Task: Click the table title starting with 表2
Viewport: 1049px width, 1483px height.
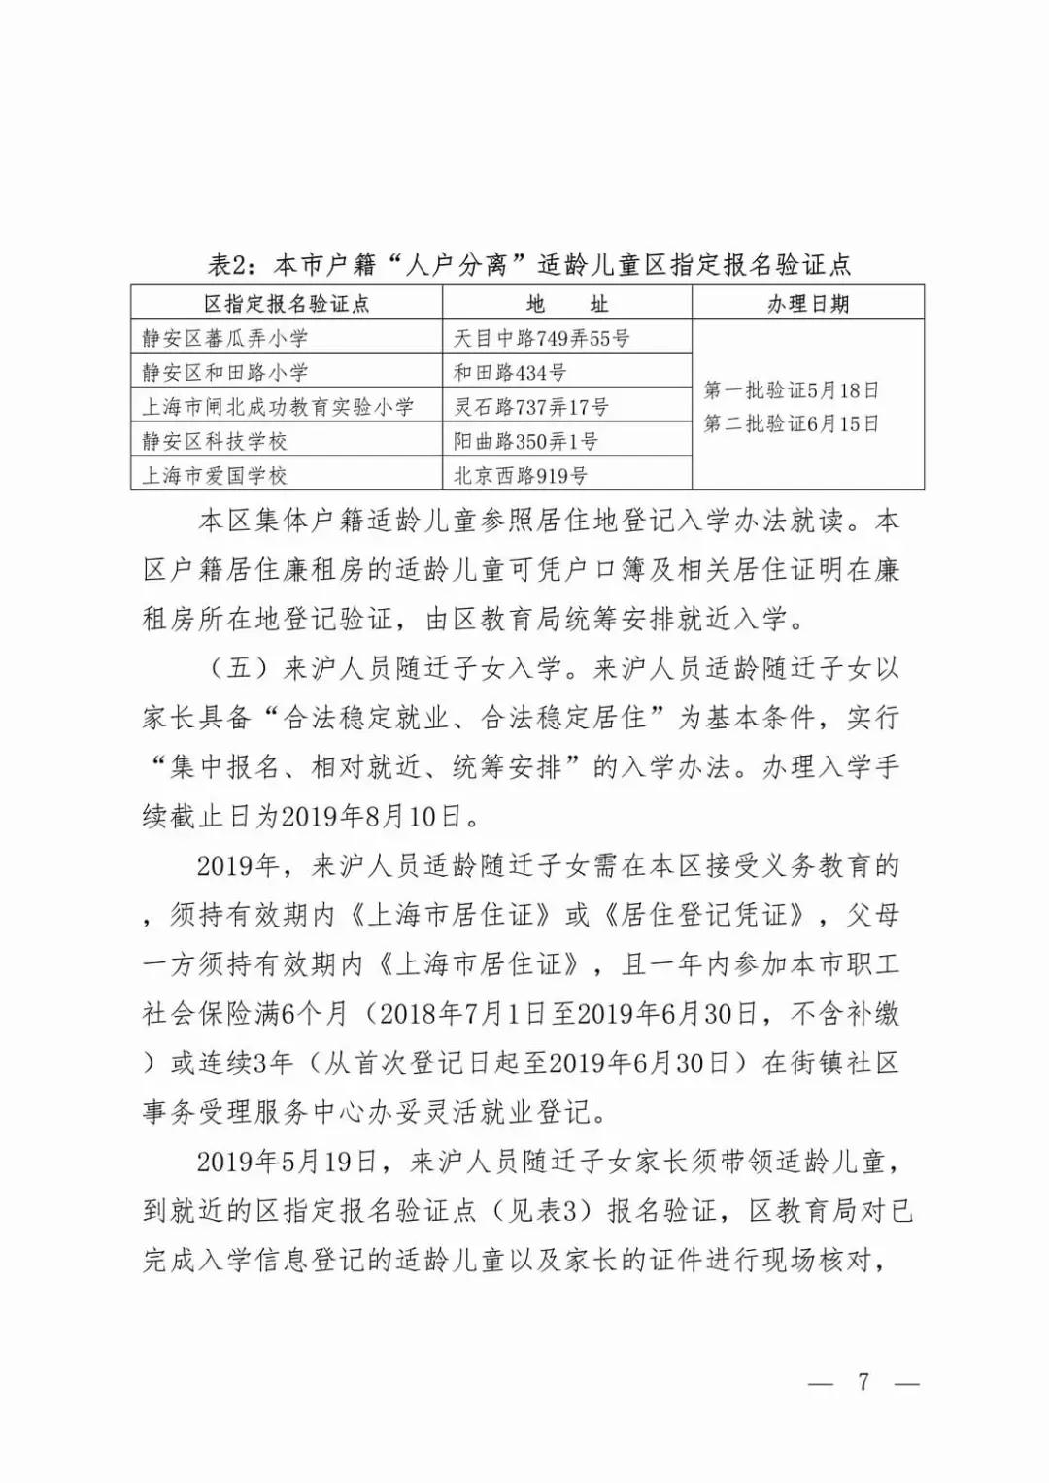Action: coord(529,264)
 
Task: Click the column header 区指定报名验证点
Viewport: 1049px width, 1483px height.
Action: coord(287,304)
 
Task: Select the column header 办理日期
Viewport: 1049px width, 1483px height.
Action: coord(808,304)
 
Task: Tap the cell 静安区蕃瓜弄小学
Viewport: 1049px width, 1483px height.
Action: coord(224,338)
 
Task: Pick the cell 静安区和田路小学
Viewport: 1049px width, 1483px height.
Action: coord(224,372)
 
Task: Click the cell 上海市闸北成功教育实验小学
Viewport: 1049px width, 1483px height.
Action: coord(278,407)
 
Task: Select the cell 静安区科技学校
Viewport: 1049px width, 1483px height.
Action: coord(215,441)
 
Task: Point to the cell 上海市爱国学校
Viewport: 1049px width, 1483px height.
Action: coord(215,476)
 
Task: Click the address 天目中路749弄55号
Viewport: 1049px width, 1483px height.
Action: coord(542,338)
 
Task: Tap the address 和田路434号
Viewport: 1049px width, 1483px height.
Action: coord(510,372)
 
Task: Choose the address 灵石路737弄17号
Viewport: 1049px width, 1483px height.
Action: coord(531,407)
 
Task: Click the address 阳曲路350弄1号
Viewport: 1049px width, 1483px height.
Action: coord(525,441)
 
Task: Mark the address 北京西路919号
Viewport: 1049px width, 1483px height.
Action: coord(521,476)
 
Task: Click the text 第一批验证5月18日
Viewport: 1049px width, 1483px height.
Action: coord(791,390)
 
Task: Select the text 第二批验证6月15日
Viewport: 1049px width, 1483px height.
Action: coord(791,424)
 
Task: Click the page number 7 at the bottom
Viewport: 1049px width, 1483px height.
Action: coord(863,1382)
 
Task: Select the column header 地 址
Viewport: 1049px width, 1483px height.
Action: coord(567,304)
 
